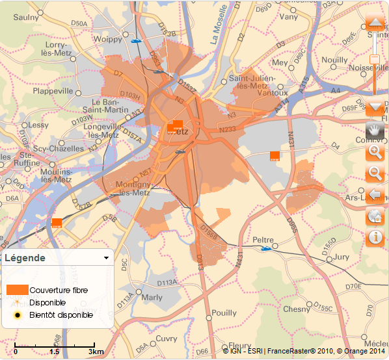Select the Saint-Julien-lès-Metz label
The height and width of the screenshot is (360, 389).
pos(253,82)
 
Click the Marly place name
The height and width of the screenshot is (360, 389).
pos(152,298)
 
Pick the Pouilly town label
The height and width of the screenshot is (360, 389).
pos(224,313)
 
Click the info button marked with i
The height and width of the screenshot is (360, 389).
pos(375,238)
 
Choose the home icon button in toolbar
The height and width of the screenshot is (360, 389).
pos(375,216)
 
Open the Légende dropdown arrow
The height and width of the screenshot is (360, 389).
pos(106,258)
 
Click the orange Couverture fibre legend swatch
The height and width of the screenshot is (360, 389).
pos(17,289)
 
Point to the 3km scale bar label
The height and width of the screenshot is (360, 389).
pos(96,352)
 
